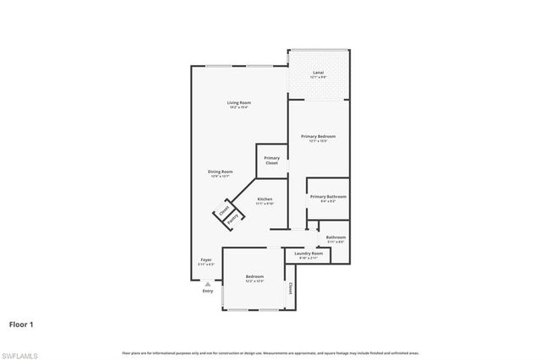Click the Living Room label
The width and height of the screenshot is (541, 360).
tap(238, 103)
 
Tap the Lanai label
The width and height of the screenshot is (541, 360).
tap(318, 73)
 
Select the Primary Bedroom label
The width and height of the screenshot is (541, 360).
tap(319, 136)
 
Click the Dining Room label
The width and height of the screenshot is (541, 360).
tap(221, 172)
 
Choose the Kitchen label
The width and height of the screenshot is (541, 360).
tap(265, 199)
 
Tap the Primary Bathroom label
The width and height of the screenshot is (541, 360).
tap(328, 197)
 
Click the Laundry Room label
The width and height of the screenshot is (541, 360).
tap(308, 253)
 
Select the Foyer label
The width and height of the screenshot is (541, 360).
tap(205, 259)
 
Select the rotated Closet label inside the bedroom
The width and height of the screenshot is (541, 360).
tap(291, 288)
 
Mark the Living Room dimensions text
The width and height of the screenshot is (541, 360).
tap(238, 107)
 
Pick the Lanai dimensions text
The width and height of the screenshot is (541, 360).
tap(318, 78)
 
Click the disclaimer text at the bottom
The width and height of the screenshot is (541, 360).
tap(270, 352)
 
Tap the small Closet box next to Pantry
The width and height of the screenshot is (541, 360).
tap(224, 210)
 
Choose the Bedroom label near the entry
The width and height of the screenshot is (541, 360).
tap(254, 276)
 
